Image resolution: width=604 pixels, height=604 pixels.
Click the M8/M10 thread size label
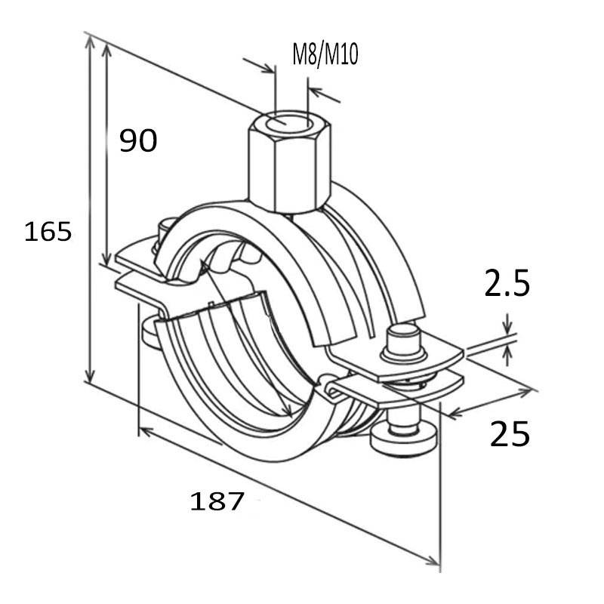coord(325,55)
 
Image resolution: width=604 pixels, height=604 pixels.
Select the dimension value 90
coord(139,140)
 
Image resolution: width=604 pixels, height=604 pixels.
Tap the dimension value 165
coord(48,231)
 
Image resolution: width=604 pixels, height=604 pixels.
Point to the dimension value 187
coord(217,501)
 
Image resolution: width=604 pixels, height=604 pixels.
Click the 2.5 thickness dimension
coord(507,285)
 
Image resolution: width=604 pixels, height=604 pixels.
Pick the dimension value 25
coord(510,434)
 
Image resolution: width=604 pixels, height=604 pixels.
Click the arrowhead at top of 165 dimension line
coord(91,42)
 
